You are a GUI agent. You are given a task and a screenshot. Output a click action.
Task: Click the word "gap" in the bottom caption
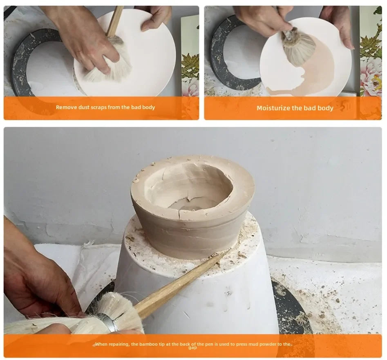(192, 348)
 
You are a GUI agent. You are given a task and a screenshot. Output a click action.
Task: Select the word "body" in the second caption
(326, 108)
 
